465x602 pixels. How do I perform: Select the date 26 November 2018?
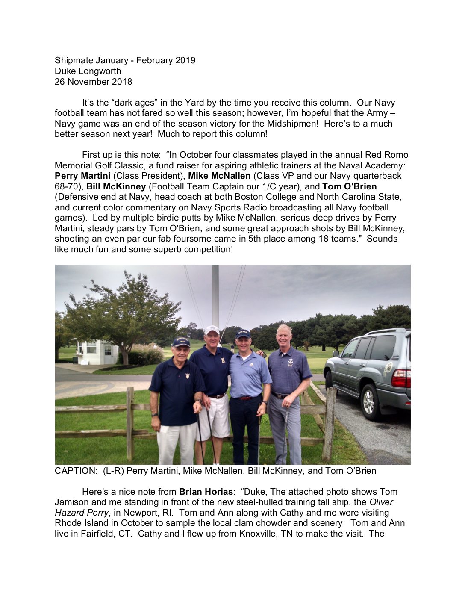click(93, 81)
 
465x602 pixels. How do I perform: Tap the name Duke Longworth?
click(88, 71)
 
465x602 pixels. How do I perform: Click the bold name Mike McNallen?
click(219, 176)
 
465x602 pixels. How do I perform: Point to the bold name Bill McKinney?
click(116, 186)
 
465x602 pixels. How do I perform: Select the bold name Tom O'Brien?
click(349, 186)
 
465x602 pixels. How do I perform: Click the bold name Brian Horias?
click(206, 492)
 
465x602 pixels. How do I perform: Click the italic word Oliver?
click(381, 502)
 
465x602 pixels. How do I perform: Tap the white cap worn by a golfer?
click(212, 330)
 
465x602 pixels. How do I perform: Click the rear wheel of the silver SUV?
click(368, 401)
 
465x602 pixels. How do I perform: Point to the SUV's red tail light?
click(401, 378)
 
